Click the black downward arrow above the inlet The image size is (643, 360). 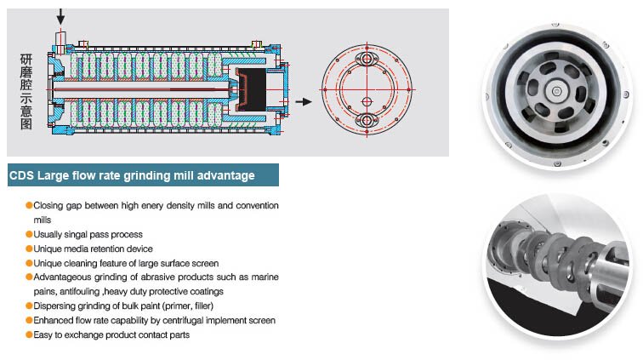click(60, 17)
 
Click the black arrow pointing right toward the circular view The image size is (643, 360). click(304, 101)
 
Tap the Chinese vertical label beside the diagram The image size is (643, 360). click(26, 91)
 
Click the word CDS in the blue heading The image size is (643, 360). click(21, 175)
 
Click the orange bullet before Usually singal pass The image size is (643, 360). click(29, 234)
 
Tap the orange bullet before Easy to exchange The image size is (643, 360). click(29, 334)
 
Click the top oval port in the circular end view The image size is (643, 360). click(367, 59)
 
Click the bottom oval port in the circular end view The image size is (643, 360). click(367, 120)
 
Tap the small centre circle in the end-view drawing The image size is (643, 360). click(367, 101)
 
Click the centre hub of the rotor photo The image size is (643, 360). click(556, 91)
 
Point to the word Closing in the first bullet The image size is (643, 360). click(48, 206)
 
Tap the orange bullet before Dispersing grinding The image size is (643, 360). click(29, 306)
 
